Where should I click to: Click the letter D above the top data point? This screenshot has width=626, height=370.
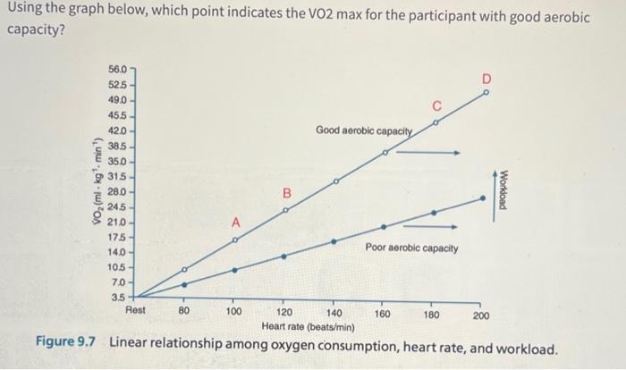click(x=486, y=79)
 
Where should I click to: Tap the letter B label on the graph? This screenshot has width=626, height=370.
click(x=287, y=193)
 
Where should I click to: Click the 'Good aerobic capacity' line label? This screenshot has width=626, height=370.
click(x=363, y=131)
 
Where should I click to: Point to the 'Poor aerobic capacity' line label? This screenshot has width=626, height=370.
click(x=411, y=247)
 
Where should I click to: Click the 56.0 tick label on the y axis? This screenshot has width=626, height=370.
click(x=117, y=69)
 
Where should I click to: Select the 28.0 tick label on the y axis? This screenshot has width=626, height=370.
click(x=117, y=192)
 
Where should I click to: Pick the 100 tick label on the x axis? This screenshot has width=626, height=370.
click(x=233, y=313)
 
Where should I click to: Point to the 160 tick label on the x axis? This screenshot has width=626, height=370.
click(x=382, y=314)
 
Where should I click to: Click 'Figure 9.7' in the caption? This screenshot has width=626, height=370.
click(x=68, y=346)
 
